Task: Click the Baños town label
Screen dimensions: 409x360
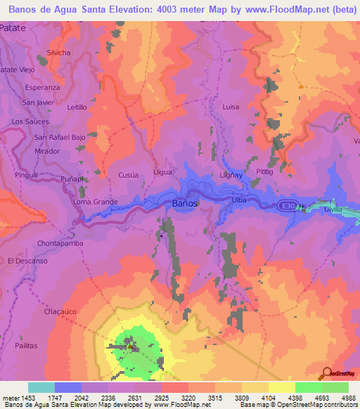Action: [x=185, y=203]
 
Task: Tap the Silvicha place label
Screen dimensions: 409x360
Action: [x=59, y=53]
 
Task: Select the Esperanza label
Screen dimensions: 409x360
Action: [x=42, y=88]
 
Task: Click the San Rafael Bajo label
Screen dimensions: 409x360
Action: [x=60, y=137]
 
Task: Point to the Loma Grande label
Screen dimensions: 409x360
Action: [x=96, y=202]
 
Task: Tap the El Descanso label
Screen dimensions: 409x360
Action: [x=27, y=261]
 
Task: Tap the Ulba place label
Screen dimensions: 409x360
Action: [x=238, y=200]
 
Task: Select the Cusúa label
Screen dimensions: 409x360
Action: [x=127, y=175]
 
